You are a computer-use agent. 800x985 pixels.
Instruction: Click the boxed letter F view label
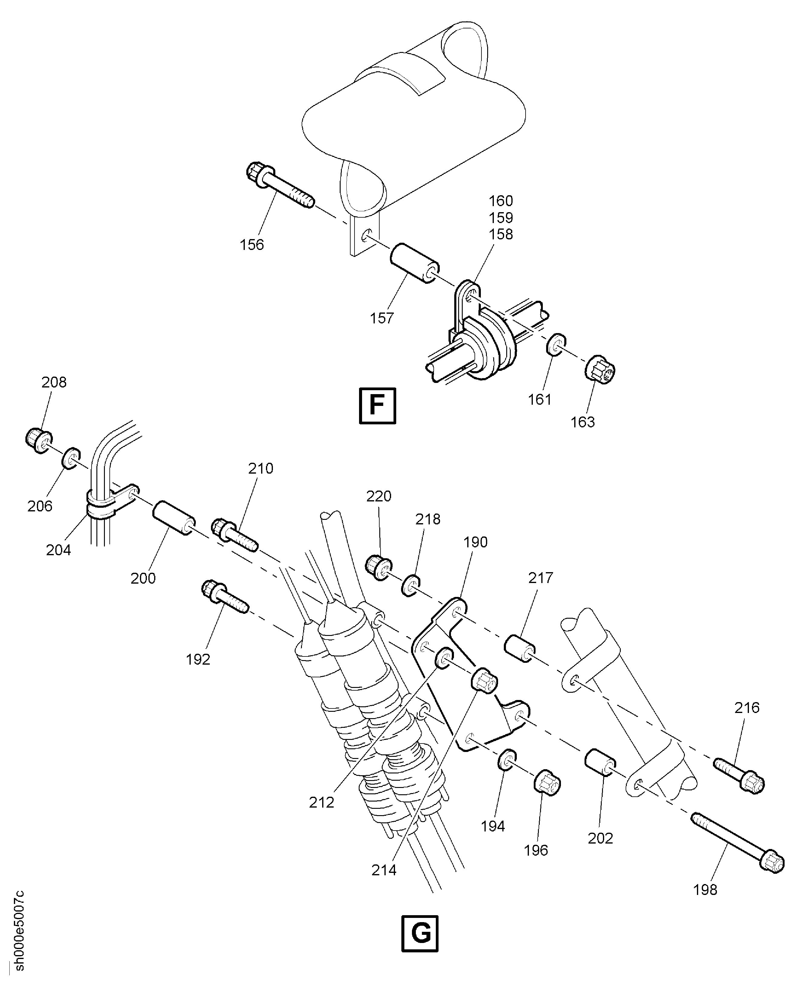pos(377,406)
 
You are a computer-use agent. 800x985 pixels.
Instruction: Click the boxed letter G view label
pos(420,933)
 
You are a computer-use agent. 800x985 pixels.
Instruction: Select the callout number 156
pos(252,245)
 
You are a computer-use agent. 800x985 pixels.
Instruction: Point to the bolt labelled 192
pos(225,597)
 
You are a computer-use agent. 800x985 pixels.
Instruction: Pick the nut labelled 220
pos(378,568)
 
